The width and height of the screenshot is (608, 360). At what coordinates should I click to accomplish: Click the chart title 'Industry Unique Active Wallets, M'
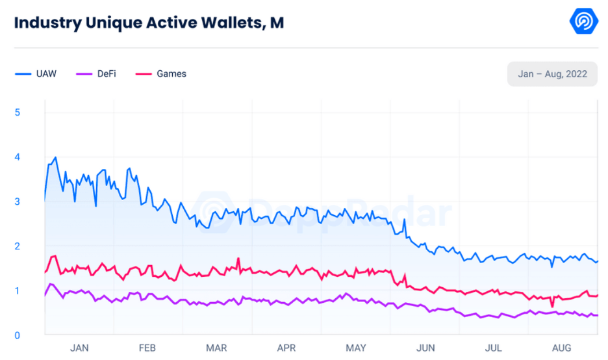tap(149, 23)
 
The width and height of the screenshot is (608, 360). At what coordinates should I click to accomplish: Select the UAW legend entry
tap(37, 74)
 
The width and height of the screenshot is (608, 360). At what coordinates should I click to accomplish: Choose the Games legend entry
tap(162, 74)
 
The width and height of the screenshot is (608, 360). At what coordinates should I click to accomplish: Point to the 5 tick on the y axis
tap(18, 112)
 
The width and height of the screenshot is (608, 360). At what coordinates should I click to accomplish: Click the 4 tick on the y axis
tap(18, 157)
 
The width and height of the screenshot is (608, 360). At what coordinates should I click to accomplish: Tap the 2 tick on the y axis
tap(18, 246)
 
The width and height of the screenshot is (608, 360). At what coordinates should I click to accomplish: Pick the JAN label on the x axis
tap(79, 348)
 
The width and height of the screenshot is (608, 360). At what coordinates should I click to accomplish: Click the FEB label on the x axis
tap(148, 348)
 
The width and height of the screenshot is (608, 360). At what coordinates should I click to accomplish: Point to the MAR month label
tap(217, 348)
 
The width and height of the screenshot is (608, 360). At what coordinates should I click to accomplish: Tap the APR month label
tap(286, 348)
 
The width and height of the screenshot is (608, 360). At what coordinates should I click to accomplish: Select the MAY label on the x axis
tap(356, 348)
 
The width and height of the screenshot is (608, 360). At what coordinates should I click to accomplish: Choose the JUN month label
tap(425, 348)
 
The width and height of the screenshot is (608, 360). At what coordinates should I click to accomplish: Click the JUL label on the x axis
tap(494, 348)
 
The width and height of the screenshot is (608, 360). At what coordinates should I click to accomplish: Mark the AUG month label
tap(562, 348)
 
